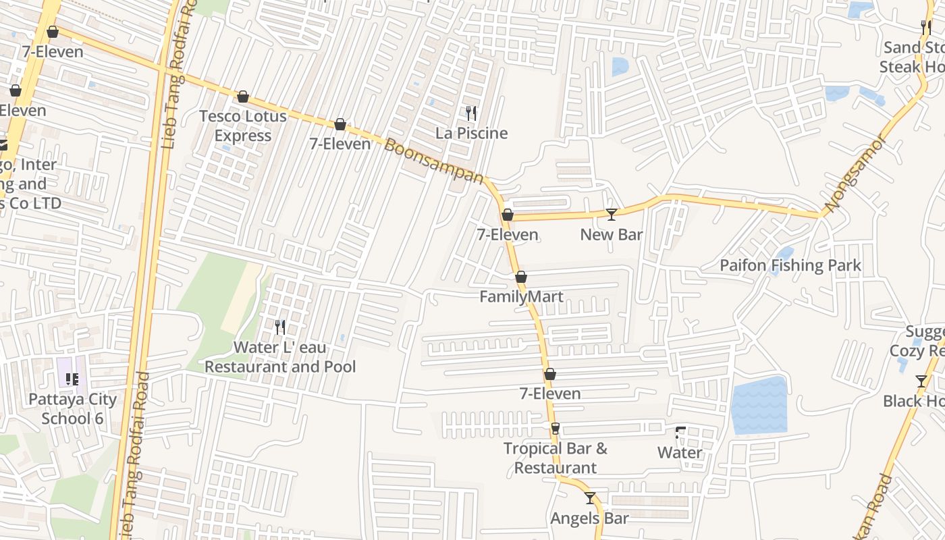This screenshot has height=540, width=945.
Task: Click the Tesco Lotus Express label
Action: tap(242, 126)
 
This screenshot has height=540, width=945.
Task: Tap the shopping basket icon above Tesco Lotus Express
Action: tap(242, 97)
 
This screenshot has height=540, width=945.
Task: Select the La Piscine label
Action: tap(471, 133)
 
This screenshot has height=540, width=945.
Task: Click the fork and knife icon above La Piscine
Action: tap(471, 113)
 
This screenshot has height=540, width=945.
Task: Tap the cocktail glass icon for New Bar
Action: tap(611, 214)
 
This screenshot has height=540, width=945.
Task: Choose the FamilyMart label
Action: tap(521, 296)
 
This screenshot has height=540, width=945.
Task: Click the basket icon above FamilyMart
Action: tap(521, 277)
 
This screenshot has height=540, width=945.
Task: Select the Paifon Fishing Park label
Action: tap(790, 265)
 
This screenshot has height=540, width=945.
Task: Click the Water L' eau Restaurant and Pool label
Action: tap(279, 357)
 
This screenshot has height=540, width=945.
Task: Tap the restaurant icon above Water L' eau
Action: tap(279, 327)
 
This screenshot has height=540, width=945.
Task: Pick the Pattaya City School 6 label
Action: tap(72, 408)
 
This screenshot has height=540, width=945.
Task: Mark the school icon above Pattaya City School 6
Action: tap(72, 379)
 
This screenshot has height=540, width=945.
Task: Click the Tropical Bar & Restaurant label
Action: tap(555, 458)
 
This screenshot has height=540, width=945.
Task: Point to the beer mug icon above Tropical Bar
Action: tap(555, 429)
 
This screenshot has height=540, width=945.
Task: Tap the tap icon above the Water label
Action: tap(680, 433)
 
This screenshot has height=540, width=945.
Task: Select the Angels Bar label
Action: tap(589, 518)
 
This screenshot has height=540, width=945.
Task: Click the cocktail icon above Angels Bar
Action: tap(590, 498)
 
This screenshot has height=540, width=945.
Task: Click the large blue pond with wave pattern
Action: tap(760, 405)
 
